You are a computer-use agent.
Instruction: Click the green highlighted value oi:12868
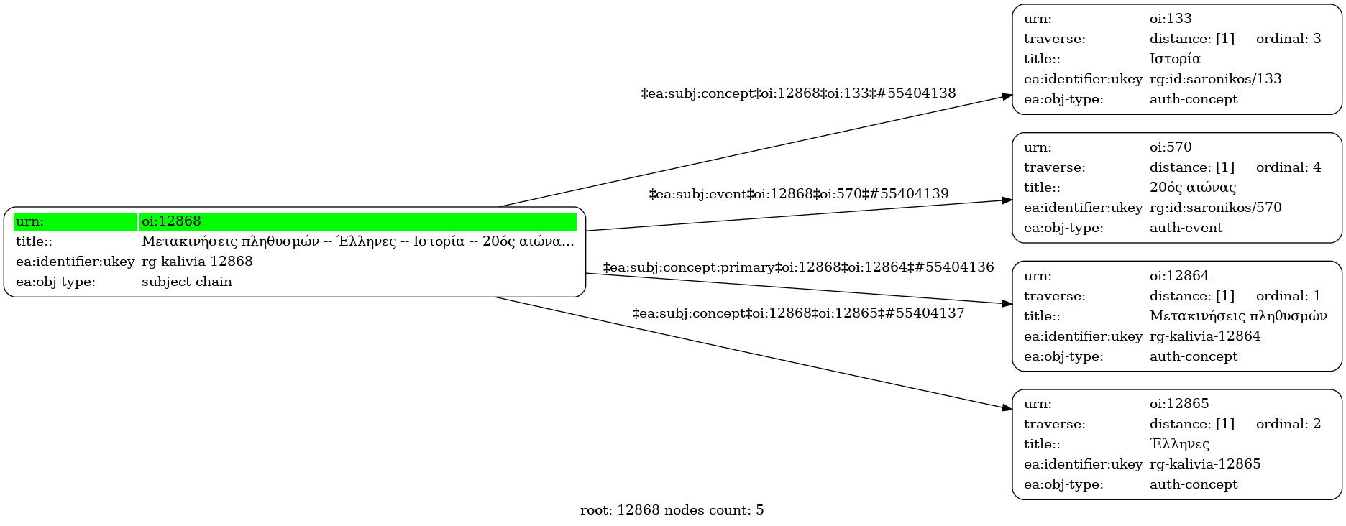pyautogui.click(x=171, y=221)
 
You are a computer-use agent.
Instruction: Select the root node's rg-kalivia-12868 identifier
pyautogui.click(x=197, y=262)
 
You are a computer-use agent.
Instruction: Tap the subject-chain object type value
pyautogui.click(x=187, y=282)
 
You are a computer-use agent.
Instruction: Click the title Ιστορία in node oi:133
pyautogui.click(x=1175, y=59)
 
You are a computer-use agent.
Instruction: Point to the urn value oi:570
pyautogui.click(x=1171, y=147)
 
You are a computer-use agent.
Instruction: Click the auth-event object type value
pyautogui.click(x=1186, y=228)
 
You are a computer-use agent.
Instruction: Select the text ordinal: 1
pyautogui.click(x=1288, y=296)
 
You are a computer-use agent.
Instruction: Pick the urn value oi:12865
pyautogui.click(x=1179, y=404)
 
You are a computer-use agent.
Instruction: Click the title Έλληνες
pyautogui.click(x=1179, y=444)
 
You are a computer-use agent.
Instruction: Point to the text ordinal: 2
pyautogui.click(x=1288, y=424)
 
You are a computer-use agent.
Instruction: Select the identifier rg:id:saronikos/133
pyautogui.click(x=1215, y=79)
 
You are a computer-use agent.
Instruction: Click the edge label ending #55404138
pyautogui.click(x=798, y=93)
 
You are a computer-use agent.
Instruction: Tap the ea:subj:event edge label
pyautogui.click(x=798, y=194)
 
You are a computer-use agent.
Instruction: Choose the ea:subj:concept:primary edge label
pyautogui.click(x=798, y=267)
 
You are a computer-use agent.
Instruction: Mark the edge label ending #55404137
pyautogui.click(x=798, y=313)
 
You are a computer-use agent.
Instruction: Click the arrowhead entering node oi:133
pyautogui.click(x=1007, y=96)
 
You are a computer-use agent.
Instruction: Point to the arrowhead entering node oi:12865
pyautogui.click(x=1007, y=408)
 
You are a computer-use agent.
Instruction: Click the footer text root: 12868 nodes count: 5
pyautogui.click(x=672, y=510)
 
